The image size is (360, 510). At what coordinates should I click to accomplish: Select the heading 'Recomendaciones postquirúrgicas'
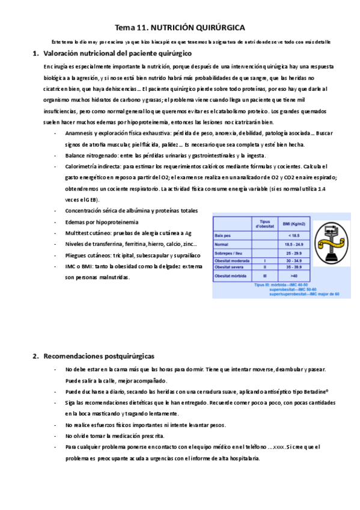99,356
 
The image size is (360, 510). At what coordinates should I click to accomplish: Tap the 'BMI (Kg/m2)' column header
294,224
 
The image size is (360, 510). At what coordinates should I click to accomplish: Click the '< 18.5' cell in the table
294,236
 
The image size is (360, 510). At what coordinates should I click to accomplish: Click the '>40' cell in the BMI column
294,275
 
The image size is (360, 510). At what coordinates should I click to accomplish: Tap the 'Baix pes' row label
225,236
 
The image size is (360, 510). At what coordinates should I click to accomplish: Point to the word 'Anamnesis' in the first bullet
81,133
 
